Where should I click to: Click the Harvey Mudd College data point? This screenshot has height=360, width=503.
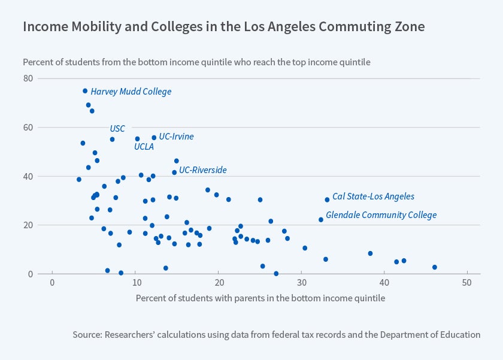click(x=85, y=91)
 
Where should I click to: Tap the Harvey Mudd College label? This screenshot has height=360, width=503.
click(x=131, y=92)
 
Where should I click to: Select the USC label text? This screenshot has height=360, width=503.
click(x=117, y=129)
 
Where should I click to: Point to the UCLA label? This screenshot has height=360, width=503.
click(x=144, y=146)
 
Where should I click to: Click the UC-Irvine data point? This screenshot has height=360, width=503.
click(x=154, y=137)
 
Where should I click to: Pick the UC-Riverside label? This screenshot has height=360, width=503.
click(x=203, y=170)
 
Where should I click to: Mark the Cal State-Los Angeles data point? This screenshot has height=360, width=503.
click(x=327, y=199)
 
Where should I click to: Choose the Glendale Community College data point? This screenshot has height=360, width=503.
click(x=321, y=220)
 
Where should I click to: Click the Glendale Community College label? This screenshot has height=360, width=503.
click(x=381, y=215)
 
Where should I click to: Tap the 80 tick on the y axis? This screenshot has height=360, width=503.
click(x=28, y=78)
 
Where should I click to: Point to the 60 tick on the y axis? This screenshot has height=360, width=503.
click(x=28, y=128)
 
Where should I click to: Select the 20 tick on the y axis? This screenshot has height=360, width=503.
click(x=28, y=225)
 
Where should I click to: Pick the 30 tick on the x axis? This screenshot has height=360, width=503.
click(x=301, y=283)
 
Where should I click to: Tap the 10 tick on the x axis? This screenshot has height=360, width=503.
click(x=135, y=283)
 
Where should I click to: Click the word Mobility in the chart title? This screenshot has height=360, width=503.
click(x=87, y=27)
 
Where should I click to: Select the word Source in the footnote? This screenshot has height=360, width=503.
click(x=87, y=335)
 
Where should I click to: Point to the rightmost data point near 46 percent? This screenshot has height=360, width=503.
click(x=435, y=267)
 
